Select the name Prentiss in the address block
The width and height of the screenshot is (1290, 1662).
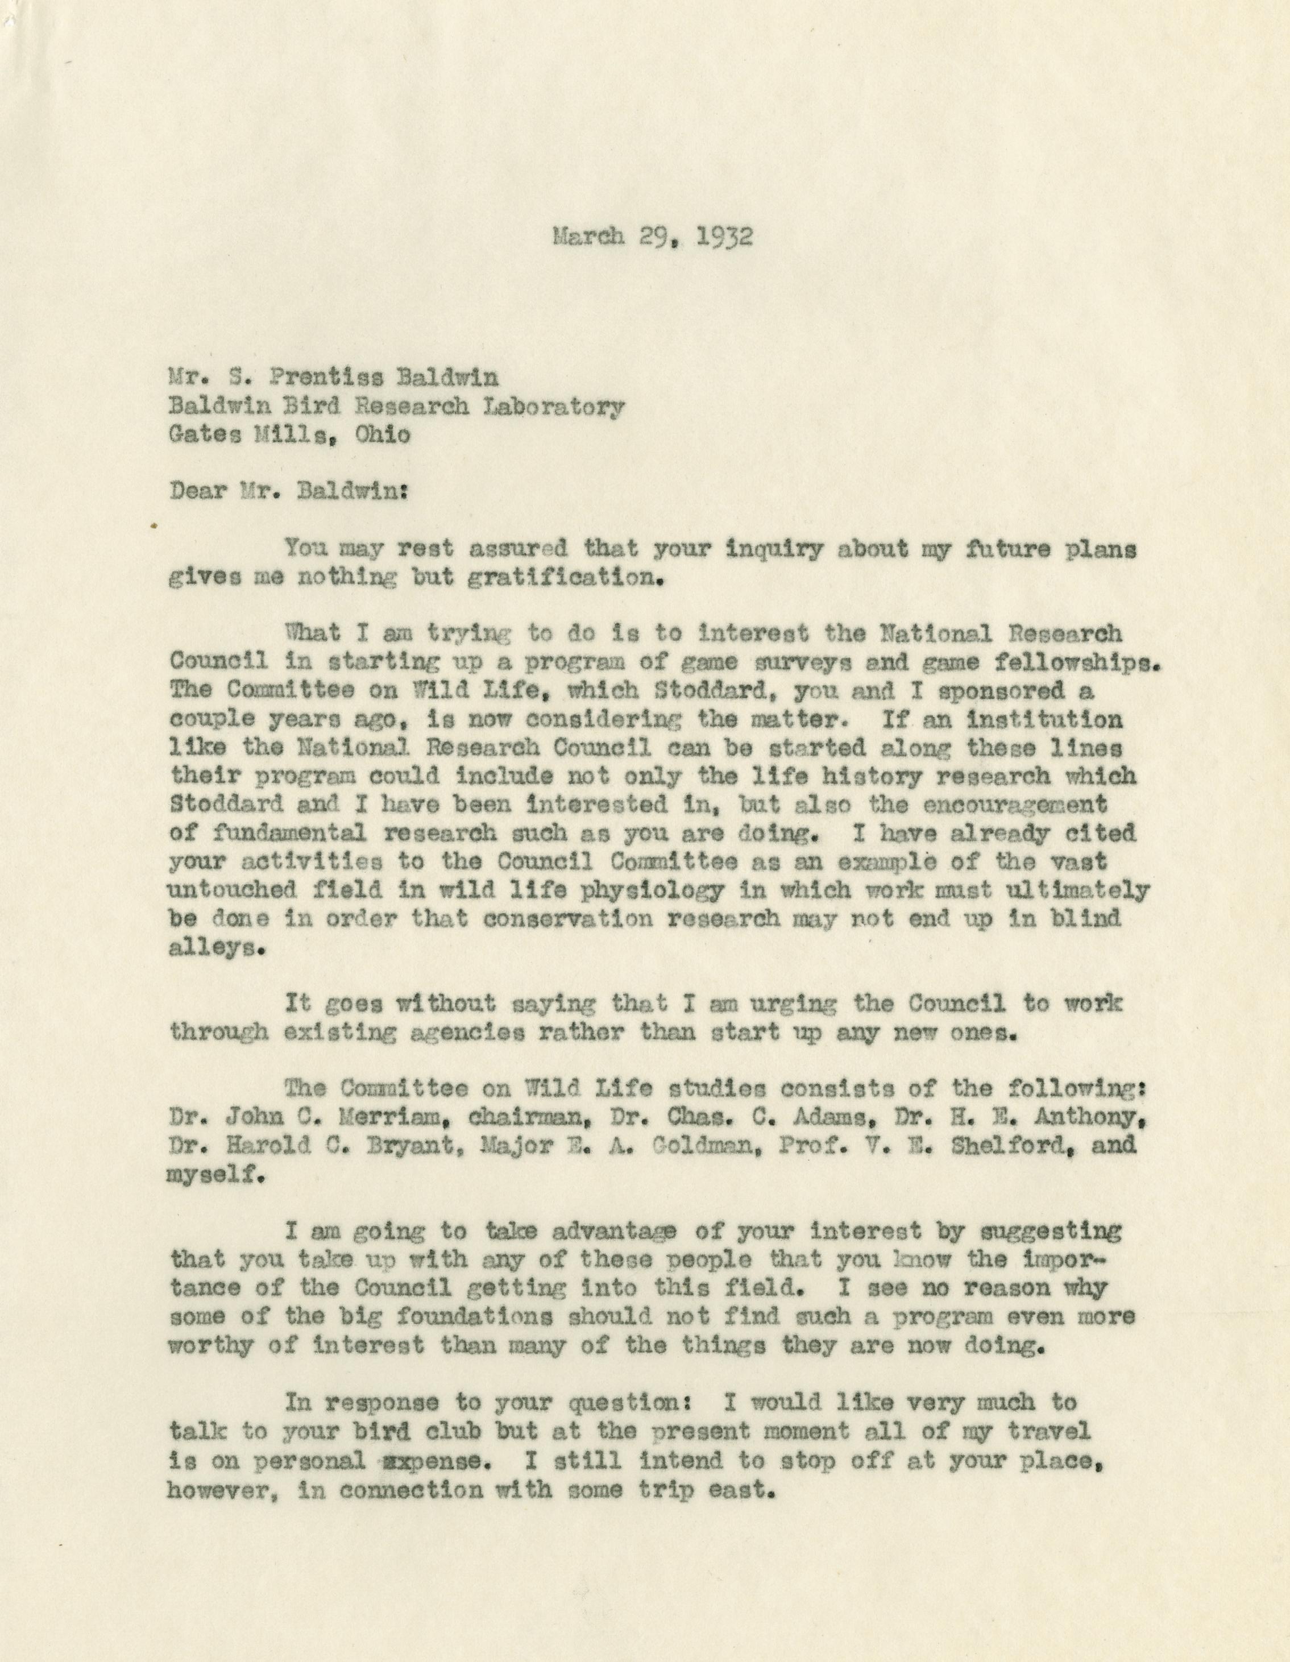click(329, 378)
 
